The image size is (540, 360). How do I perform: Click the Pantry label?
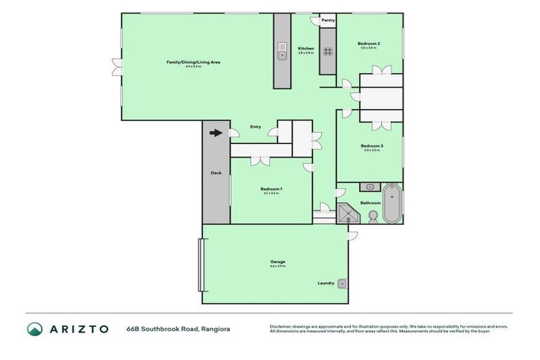pos(328,20)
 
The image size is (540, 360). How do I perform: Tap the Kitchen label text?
pos(305,49)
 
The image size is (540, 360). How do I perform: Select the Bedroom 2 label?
pos(370,44)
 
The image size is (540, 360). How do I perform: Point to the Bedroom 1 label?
pos(271,188)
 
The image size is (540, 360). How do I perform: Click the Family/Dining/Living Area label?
pos(193,63)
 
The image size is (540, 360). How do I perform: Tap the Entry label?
pos(256,127)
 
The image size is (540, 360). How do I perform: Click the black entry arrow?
pos(216,132)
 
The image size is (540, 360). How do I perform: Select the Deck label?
pos(216,173)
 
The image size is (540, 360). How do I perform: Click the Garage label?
pos(277,262)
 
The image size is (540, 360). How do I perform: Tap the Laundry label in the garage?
pos(326,283)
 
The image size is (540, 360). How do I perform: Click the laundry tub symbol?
pos(342,283)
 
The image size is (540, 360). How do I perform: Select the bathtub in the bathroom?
pos(392,202)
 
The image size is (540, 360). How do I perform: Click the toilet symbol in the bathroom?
pos(373,216)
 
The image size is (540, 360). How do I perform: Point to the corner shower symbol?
pos(346,213)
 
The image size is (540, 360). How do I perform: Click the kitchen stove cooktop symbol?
pos(328,50)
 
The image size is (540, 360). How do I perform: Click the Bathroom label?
pos(370,203)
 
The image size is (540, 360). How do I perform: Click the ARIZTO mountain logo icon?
pos(35,328)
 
